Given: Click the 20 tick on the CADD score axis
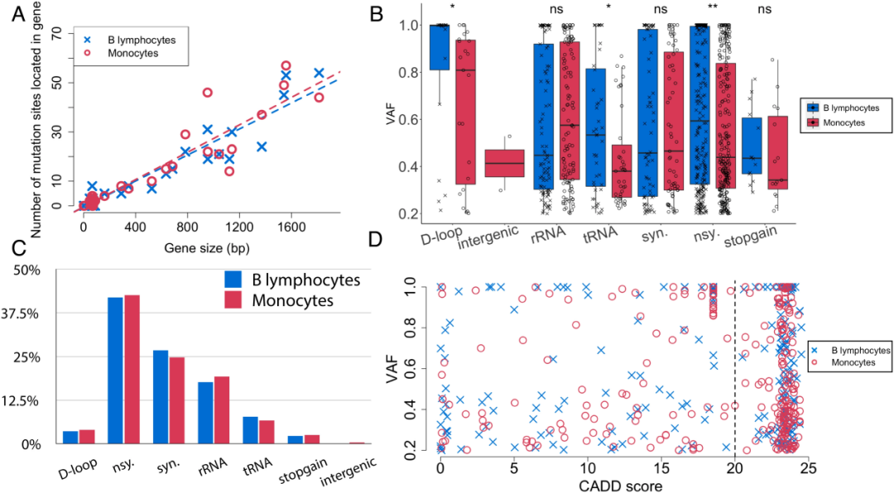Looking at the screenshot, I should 734,467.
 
